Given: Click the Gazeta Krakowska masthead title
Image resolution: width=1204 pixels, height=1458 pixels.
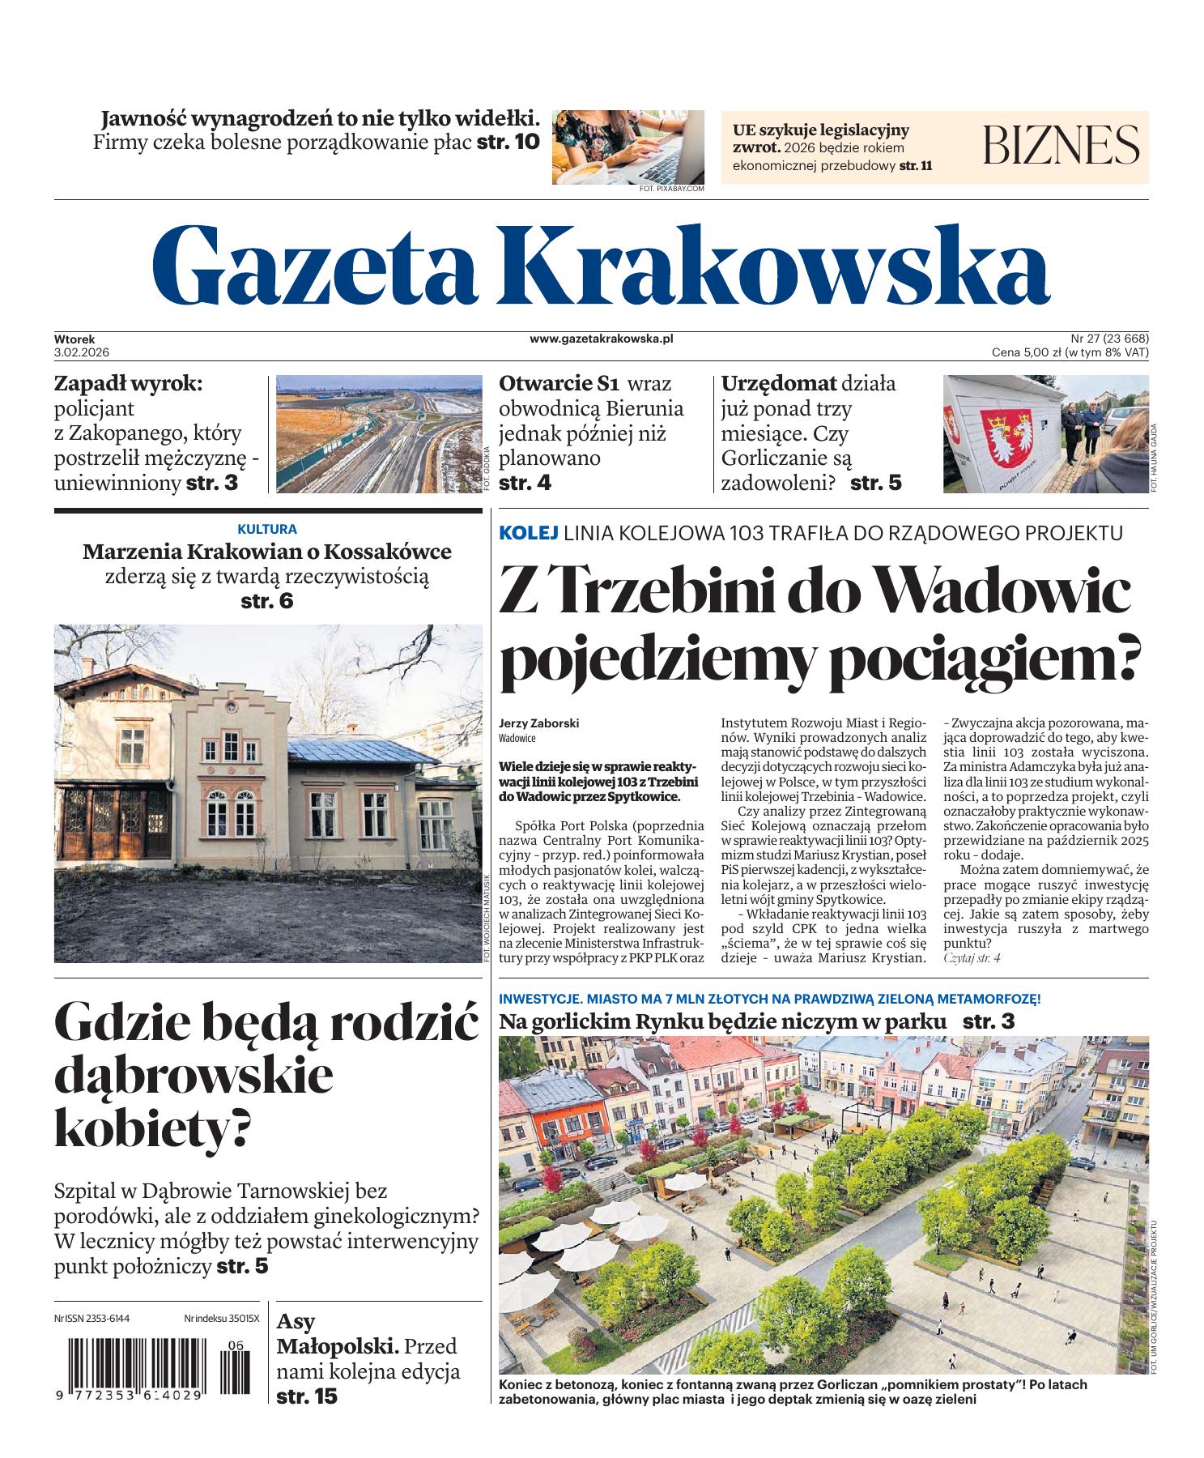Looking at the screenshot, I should pos(600,262).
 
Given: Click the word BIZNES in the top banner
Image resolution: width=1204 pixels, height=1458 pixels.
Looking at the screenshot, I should pos(1061,146).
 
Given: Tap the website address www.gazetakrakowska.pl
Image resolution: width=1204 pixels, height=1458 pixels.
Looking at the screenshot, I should pos(602,339).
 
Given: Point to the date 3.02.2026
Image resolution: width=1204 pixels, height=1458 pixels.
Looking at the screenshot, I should pos(82,352).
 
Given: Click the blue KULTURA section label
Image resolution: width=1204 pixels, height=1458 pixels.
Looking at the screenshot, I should pos(267,529).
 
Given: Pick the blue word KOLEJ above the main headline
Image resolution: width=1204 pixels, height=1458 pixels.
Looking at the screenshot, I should pos(529,533).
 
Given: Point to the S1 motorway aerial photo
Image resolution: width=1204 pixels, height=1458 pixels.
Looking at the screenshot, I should pos(378,433).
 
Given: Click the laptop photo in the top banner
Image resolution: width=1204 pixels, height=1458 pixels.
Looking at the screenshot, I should pos(628,146).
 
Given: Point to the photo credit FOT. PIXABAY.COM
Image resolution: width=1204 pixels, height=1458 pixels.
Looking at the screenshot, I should pos(671,188).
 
